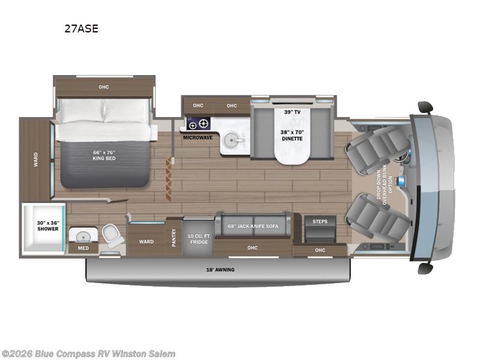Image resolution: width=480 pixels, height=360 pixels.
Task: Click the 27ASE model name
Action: (x=81, y=28)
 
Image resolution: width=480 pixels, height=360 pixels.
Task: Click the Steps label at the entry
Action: (x=320, y=221)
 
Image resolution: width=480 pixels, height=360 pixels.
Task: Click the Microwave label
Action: (x=198, y=137)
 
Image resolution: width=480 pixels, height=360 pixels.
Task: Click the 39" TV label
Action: (x=291, y=111)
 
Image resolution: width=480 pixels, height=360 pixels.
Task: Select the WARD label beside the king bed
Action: (x=35, y=159)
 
